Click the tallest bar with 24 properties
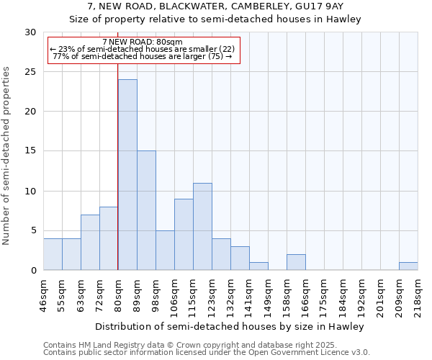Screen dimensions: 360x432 [127, 175]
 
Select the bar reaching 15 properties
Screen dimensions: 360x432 [146, 210]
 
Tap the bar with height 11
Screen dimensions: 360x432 [202, 226]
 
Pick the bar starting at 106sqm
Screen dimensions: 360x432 [184, 234]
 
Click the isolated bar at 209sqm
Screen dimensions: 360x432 [408, 266]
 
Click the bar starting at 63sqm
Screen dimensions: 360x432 [90, 242]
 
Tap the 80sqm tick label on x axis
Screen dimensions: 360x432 [119, 294]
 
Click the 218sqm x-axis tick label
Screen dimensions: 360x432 [418, 294]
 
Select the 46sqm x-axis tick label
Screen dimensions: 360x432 [44, 294]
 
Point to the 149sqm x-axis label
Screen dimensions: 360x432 [269, 294]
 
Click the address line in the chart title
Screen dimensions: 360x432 [215, 6]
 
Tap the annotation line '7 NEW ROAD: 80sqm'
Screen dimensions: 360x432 [143, 42]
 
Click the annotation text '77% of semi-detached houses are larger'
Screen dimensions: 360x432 [143, 56]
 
